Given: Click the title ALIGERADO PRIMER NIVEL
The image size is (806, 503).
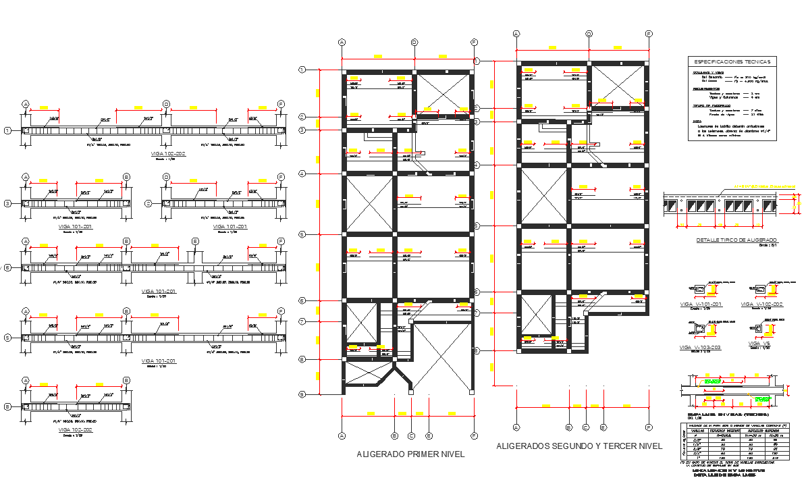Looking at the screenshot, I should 410,455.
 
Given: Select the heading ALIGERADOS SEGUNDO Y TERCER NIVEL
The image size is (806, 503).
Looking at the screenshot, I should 579,446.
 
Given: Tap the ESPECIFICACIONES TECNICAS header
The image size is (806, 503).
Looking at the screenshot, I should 731,61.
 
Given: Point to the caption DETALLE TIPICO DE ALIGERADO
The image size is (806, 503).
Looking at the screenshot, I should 736,240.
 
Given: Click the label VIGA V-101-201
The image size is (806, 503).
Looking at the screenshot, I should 701,305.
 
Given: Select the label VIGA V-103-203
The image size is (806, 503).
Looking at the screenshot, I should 701,347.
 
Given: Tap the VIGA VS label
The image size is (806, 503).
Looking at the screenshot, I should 759,344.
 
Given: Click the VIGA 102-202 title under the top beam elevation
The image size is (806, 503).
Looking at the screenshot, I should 168,154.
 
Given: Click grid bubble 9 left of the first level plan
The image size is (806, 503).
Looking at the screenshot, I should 302,394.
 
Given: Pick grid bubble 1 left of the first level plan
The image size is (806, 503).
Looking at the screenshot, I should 302,70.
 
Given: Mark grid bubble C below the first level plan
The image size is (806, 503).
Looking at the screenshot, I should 411,436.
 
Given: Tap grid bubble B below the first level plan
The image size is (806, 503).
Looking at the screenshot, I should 395,436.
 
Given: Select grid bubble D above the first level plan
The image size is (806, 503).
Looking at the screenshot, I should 414,42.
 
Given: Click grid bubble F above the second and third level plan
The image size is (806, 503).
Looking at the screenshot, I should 649,33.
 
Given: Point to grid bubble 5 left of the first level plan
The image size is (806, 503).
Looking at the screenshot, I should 302,234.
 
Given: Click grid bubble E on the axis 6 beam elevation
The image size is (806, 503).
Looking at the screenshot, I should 195,241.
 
